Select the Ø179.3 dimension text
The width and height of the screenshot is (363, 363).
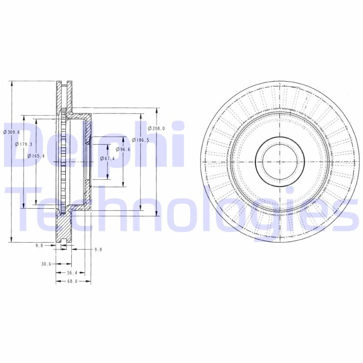point(23,144)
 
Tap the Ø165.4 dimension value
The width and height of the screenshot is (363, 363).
point(35,156)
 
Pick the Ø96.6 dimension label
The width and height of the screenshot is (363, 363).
point(123,149)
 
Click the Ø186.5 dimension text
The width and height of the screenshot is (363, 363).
point(142,140)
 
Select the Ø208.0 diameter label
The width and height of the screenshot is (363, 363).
point(157,128)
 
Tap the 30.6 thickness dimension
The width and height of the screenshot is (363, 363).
point(46,264)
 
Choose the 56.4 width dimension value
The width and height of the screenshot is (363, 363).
point(73,273)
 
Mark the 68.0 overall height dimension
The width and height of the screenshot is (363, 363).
point(73,281)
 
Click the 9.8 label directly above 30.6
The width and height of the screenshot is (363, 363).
point(39,245)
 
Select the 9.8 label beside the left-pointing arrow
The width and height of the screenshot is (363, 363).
point(98,249)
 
